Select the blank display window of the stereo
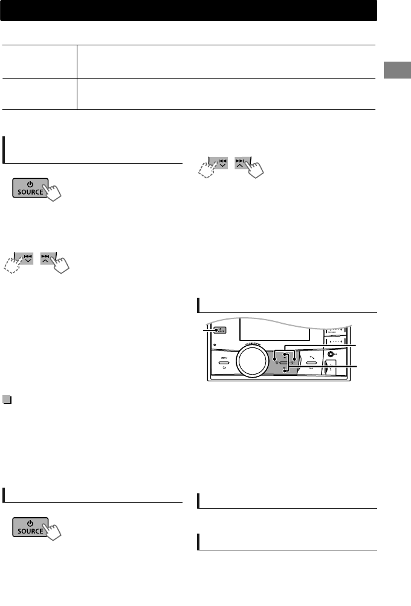[x=276, y=330]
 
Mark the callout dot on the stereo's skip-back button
[x=276, y=358]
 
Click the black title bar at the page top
[x=188, y=10]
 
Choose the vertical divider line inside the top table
[x=77, y=77]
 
